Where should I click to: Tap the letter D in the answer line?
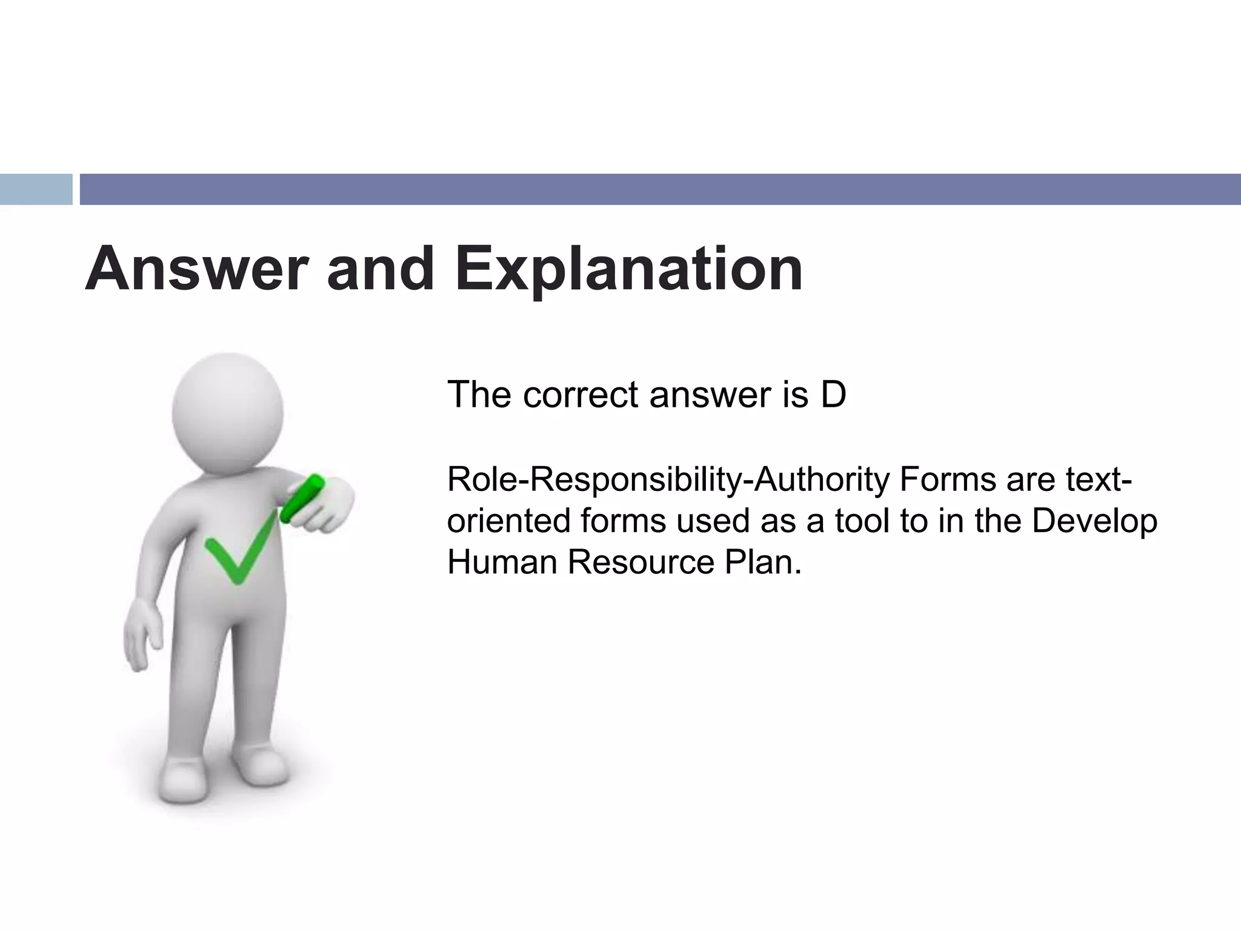(x=833, y=395)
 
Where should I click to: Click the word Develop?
(x=1094, y=522)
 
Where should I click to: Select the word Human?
(x=502, y=562)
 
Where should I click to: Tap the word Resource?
(x=640, y=562)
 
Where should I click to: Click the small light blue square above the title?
(x=36, y=189)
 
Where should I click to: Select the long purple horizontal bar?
(x=660, y=189)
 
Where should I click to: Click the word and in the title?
(x=381, y=269)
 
